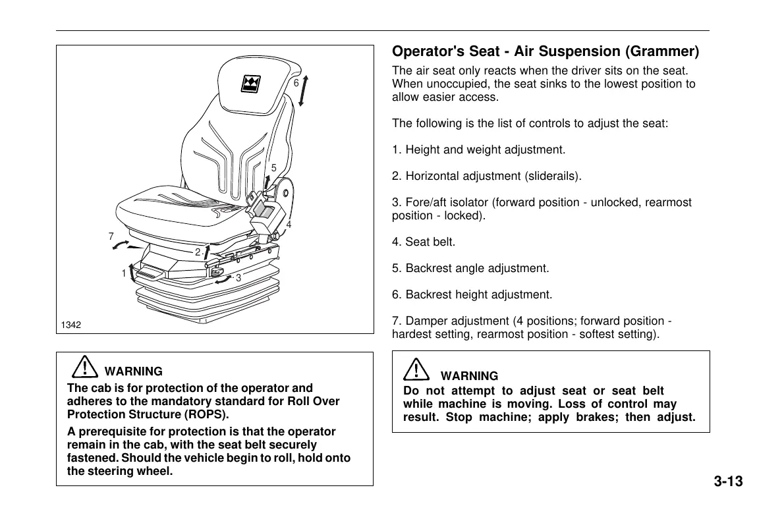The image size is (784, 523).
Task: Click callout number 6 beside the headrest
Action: click(296, 83)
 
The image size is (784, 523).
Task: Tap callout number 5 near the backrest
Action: click(273, 168)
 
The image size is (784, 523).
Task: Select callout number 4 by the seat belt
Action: click(289, 224)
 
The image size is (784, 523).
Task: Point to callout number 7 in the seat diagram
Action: click(111, 236)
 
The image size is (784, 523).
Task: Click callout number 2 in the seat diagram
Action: click(197, 252)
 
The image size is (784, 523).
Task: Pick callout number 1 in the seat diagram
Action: click(123, 273)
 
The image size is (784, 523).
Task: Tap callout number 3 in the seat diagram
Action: click(238, 278)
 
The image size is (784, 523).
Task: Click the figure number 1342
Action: click(70, 325)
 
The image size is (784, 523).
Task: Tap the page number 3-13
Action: click(727, 482)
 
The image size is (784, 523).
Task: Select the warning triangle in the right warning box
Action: click(418, 370)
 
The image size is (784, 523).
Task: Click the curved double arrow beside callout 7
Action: click(121, 245)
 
